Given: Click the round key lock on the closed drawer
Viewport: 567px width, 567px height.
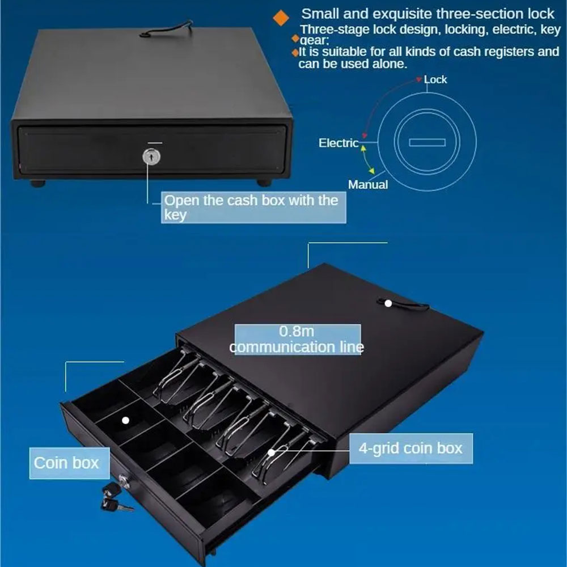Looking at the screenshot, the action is [151, 156].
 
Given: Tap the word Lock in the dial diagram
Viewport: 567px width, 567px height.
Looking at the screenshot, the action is [435, 79].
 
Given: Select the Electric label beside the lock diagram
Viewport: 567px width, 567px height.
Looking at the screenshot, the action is [338, 143].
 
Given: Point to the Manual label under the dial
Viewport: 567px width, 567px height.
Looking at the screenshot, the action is [368, 184].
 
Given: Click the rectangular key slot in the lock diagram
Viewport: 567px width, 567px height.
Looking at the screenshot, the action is [427, 142].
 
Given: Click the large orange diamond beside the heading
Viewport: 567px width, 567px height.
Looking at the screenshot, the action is [281, 18].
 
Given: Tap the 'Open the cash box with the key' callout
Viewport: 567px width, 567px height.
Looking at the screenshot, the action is [253, 207].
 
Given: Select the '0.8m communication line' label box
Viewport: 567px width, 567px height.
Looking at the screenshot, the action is [298, 340].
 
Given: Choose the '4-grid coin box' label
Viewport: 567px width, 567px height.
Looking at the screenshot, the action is [411, 448].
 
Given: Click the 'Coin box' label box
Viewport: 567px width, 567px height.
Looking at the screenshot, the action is [69, 463].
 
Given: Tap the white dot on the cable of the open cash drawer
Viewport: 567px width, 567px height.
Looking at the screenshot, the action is [388, 303].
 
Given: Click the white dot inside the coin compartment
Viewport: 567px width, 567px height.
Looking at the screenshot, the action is [125, 420].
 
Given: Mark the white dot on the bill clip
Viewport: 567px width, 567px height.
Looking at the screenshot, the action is [271, 452].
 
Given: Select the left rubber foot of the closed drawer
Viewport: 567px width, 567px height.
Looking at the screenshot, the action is [38, 183].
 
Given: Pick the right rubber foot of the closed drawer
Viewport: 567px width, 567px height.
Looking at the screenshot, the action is [264, 183].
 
